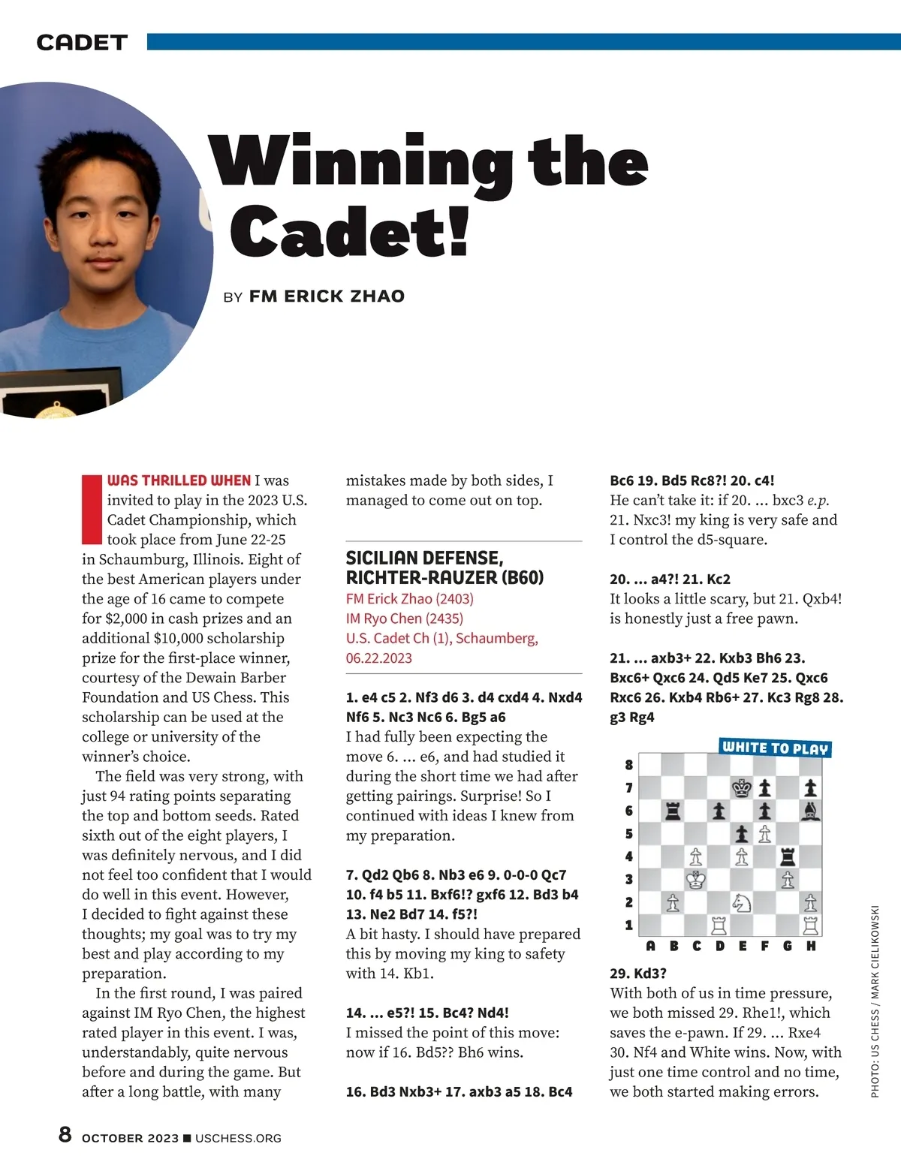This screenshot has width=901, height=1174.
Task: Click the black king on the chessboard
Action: [x=742, y=787]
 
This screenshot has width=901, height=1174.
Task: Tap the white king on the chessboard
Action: [x=696, y=879]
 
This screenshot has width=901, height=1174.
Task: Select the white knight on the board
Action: [x=742, y=902]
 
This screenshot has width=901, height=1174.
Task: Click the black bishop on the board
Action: [x=811, y=811]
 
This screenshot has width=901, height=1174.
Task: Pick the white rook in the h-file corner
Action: [x=811, y=925]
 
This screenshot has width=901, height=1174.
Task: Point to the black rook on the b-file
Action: [x=673, y=811]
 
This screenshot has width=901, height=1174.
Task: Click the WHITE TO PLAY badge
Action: [x=774, y=748]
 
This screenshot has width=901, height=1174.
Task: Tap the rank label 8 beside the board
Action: [x=629, y=765]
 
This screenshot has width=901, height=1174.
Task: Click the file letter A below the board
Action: [x=650, y=946]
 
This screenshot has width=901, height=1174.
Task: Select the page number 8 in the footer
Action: [x=65, y=1134]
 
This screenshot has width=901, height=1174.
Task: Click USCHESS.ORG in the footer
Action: [x=238, y=1138]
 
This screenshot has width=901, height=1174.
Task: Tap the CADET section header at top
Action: [x=82, y=43]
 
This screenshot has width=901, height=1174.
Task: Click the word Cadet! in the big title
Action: [x=349, y=230]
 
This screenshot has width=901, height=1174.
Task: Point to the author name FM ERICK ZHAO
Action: [x=327, y=296]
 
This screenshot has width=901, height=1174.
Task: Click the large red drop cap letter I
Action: [x=92, y=508]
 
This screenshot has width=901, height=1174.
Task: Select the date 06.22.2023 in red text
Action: [x=378, y=658]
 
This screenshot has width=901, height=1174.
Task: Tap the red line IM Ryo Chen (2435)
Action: [x=404, y=618]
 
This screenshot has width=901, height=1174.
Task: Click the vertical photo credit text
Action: [x=875, y=1001]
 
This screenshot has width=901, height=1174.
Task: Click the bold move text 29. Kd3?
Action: [x=637, y=973]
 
